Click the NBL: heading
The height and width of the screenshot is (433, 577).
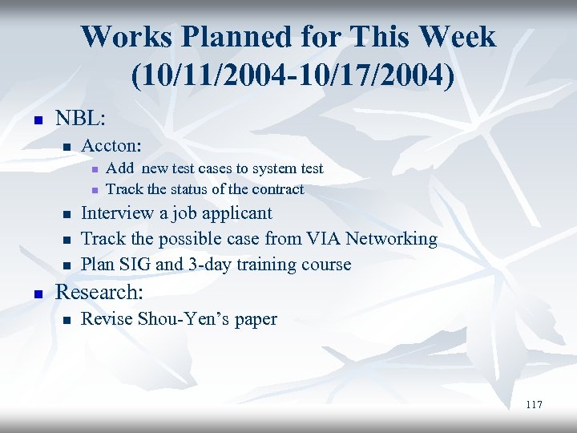click(79, 118)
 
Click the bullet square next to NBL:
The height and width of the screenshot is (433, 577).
click(35, 119)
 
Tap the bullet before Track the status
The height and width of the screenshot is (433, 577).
click(94, 190)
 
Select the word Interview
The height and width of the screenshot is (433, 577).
click(118, 213)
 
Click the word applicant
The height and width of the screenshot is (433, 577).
click(236, 213)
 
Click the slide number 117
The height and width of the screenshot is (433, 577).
click(534, 405)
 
